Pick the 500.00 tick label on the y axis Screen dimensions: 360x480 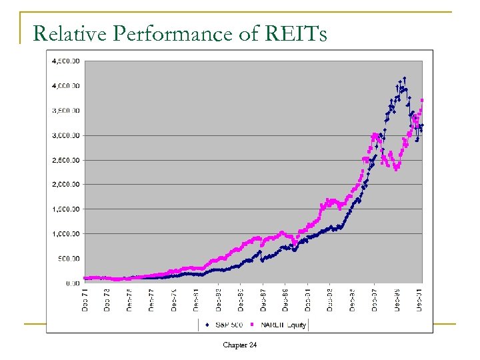point(69,259)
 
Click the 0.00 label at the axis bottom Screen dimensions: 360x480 point(73,283)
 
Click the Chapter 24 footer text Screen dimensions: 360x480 point(240,345)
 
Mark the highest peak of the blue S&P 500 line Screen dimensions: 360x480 point(404,78)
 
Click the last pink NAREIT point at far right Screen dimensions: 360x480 point(422,101)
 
